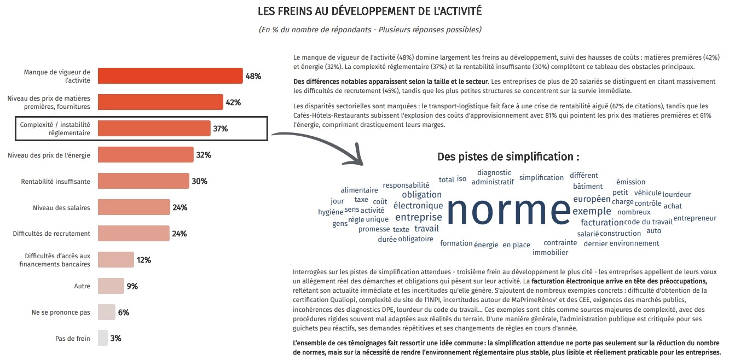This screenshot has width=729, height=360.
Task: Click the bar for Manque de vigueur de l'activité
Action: [170, 76]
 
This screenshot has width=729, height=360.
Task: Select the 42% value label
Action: [233, 102]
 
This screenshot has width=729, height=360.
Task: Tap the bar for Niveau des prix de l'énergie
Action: [146, 155]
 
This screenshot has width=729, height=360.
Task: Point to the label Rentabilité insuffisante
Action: [55, 181]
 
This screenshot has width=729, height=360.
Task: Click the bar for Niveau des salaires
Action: [134, 207]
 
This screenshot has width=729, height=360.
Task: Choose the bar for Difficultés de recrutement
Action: [134, 234]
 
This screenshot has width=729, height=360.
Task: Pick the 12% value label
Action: [144, 260]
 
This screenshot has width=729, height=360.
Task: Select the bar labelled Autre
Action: [111, 286]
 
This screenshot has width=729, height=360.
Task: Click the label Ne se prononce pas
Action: [61, 312]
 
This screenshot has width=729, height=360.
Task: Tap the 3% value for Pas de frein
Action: [115, 339]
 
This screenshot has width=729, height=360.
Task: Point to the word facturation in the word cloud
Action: [602, 222]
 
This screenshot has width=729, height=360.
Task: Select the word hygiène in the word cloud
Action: [331, 212]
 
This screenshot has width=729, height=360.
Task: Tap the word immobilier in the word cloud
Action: [550, 252]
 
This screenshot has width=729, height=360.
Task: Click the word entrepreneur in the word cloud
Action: [695, 218]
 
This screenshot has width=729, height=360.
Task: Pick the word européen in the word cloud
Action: [592, 199]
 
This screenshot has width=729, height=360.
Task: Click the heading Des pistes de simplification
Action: [508, 157]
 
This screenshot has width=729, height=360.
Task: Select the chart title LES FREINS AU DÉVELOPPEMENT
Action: [369, 11]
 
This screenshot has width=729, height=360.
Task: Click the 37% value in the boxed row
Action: [221, 129]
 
